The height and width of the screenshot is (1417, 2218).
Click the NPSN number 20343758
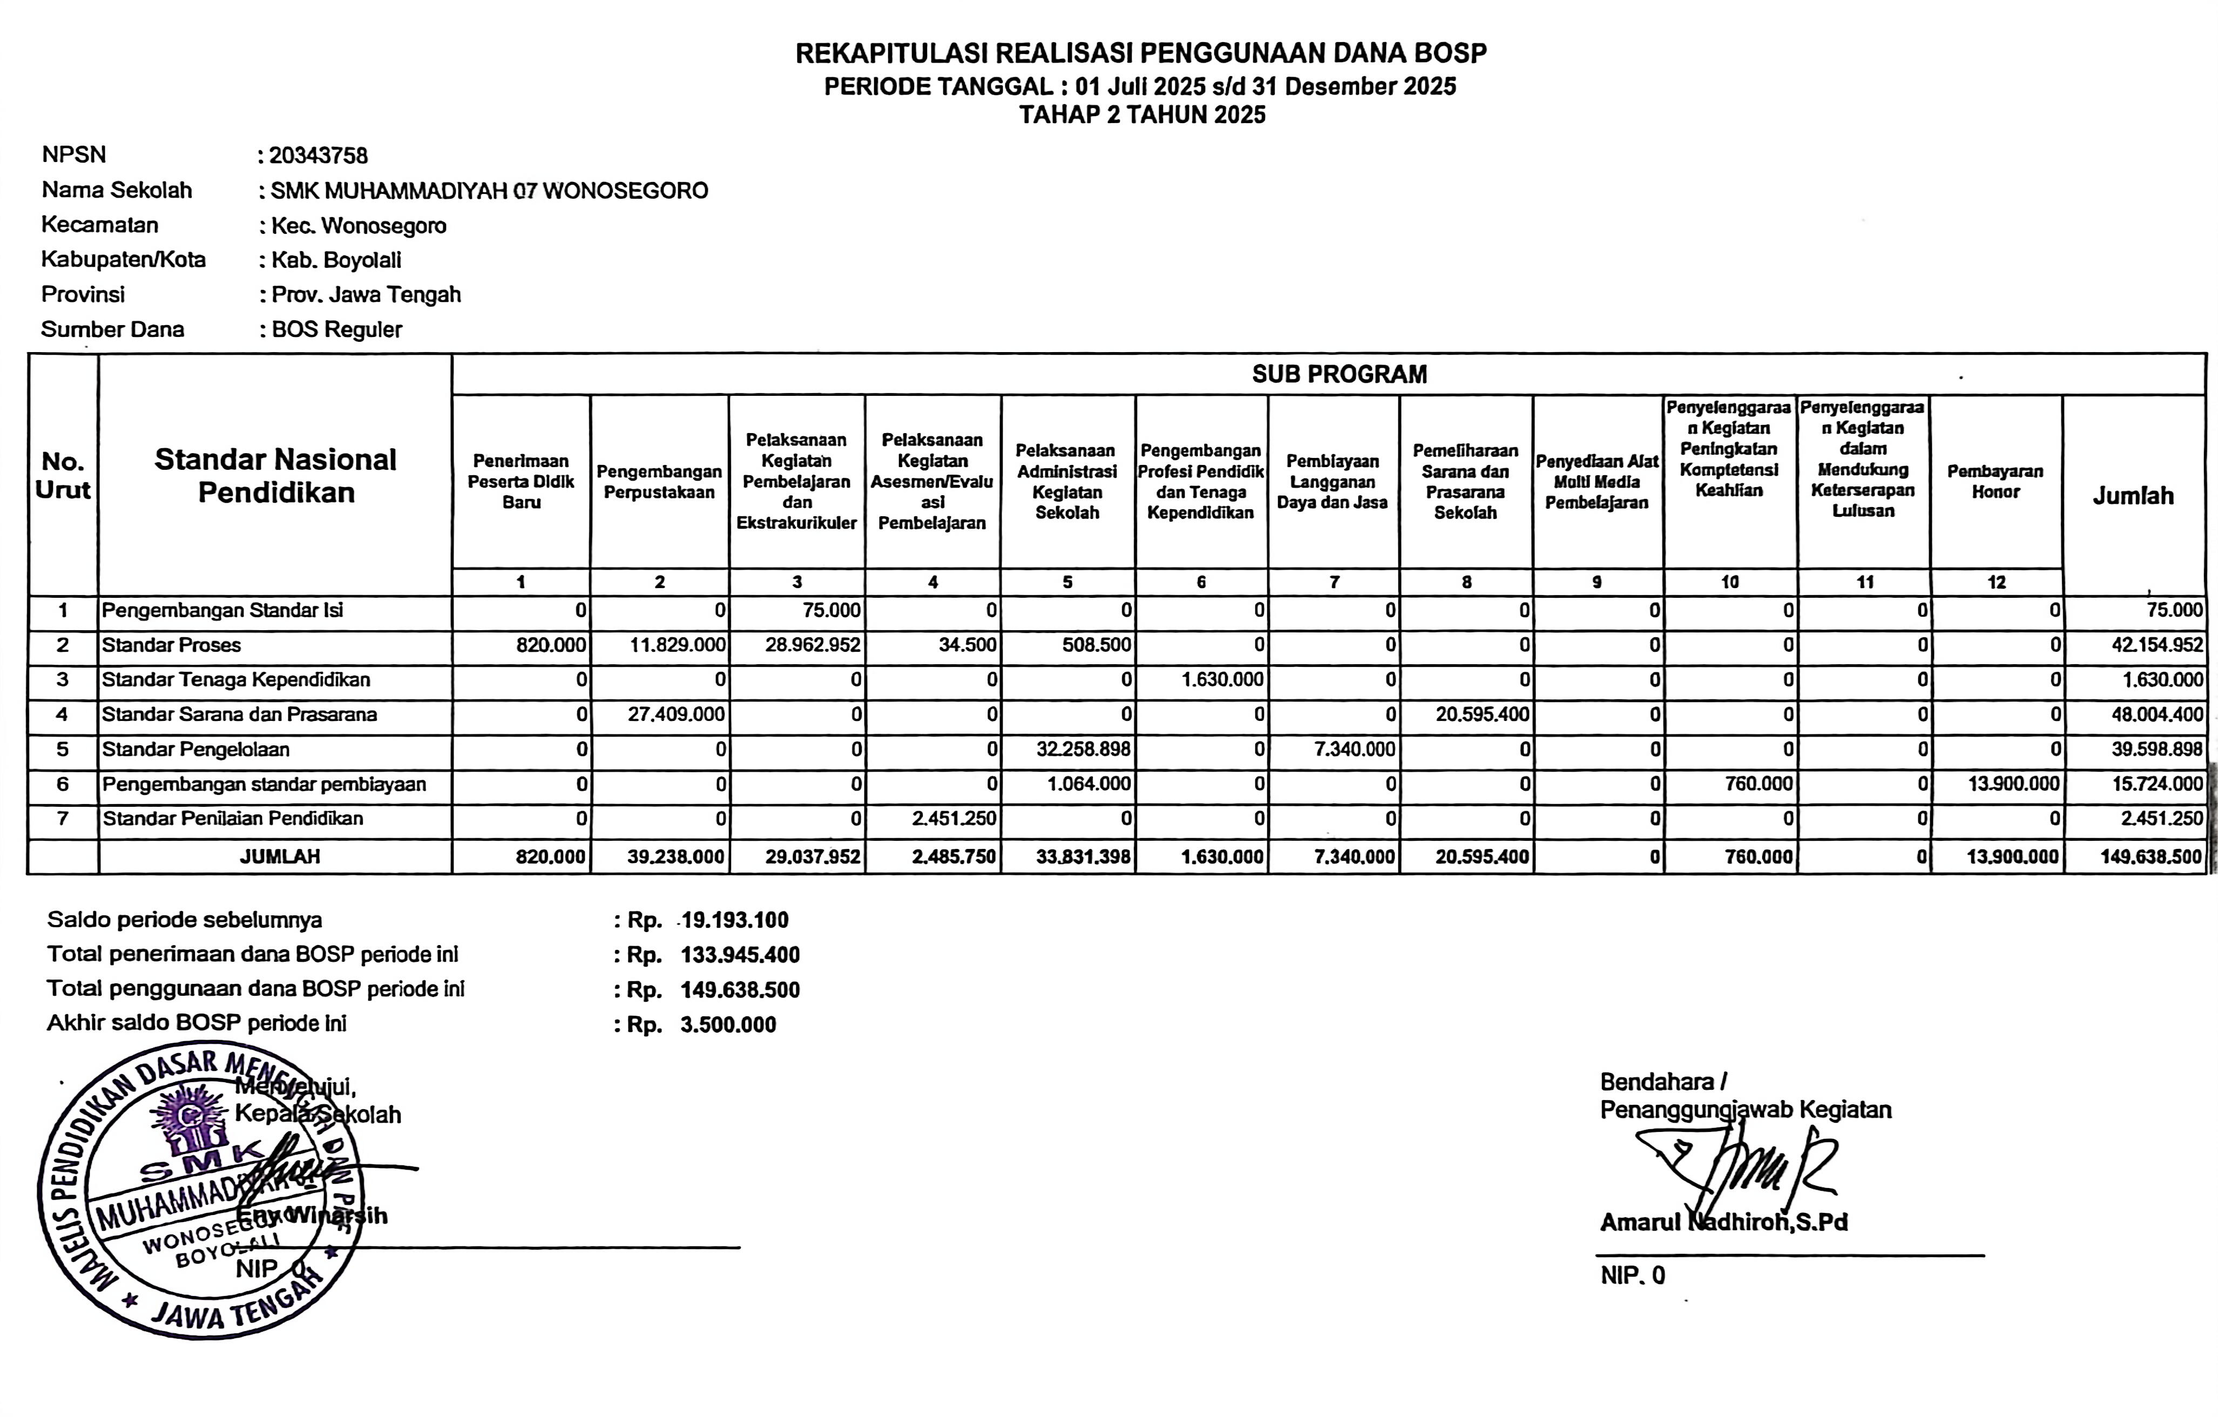[x=318, y=156]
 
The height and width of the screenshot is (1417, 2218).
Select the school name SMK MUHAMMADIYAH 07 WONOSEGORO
[x=489, y=191]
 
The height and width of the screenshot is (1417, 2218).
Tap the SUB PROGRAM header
[x=1338, y=374]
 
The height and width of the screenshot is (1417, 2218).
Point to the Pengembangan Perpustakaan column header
[x=659, y=482]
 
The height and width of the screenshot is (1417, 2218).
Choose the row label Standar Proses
[x=171, y=645]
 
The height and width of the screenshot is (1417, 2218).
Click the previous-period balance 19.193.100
[x=734, y=920]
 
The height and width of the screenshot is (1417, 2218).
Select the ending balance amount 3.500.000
[x=728, y=1024]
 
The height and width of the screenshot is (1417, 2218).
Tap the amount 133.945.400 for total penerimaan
[x=740, y=955]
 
